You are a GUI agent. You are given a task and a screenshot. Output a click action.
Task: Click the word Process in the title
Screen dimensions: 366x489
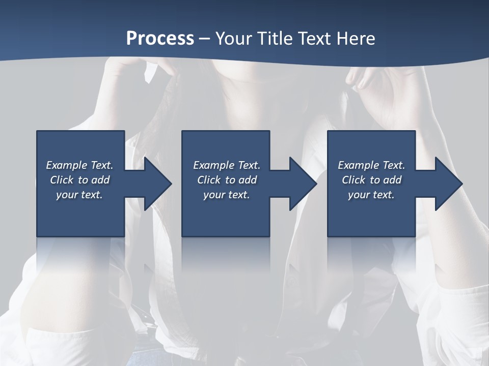(x=160, y=39)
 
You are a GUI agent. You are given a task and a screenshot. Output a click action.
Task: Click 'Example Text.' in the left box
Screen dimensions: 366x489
(x=79, y=165)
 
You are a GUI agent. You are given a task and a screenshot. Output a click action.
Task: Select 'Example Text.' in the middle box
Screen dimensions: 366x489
(x=227, y=165)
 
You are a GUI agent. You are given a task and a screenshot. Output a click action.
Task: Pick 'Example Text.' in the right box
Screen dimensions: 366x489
(x=371, y=165)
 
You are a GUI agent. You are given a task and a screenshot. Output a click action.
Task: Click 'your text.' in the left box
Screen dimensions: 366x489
(x=79, y=195)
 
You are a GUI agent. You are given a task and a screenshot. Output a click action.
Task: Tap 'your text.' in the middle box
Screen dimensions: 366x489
(x=227, y=195)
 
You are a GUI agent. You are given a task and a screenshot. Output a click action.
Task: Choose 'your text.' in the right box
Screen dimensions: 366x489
(x=371, y=195)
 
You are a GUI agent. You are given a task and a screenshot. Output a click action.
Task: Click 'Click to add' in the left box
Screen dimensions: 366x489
(x=79, y=180)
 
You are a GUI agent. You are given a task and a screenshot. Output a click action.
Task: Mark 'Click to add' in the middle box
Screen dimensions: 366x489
(x=227, y=180)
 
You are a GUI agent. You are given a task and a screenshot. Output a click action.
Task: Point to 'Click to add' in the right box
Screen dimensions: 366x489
(x=371, y=180)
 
